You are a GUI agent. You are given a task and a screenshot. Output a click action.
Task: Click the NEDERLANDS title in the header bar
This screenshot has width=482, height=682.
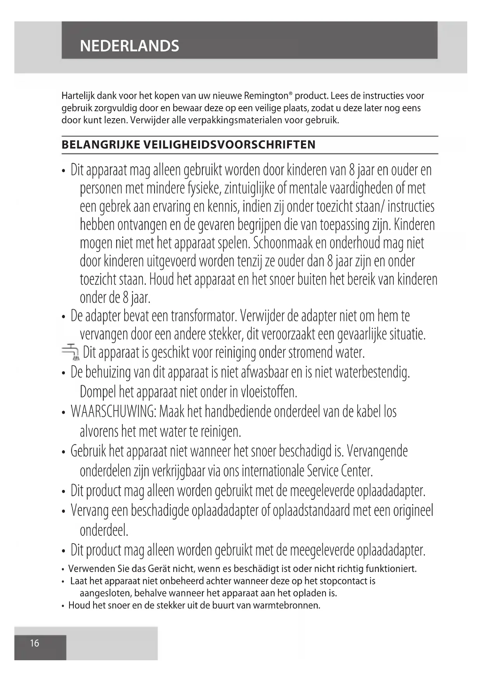click(129, 46)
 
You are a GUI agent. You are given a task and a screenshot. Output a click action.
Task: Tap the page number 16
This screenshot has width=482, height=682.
click(35, 643)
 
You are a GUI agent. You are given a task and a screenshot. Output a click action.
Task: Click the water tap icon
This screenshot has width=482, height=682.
click(70, 352)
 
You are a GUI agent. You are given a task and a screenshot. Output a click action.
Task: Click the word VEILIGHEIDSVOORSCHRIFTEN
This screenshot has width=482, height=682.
click(229, 145)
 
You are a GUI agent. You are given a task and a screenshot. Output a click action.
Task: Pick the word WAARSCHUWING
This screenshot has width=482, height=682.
click(113, 411)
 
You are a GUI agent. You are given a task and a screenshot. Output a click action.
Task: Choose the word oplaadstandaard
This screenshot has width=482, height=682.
click(311, 510)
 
